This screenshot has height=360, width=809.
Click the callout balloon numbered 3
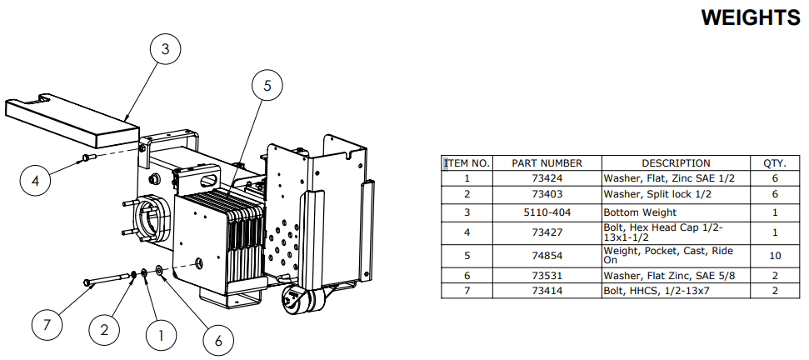[165, 49]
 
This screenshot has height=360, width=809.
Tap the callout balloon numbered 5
[267, 86]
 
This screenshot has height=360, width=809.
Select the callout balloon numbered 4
[36, 181]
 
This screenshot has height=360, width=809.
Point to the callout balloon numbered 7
[47, 326]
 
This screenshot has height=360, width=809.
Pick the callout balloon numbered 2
[104, 330]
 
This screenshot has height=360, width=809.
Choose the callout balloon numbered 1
[161, 337]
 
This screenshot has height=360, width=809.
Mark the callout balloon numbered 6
[217, 340]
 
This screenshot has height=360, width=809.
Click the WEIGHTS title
[751, 17]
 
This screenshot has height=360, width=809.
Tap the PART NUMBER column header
[547, 163]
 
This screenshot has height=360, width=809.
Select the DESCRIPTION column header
[676, 163]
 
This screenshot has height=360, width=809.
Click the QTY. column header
[775, 163]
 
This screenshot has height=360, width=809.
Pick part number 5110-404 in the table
[547, 212]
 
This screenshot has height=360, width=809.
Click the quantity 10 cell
[775, 256]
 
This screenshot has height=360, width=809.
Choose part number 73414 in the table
[547, 291]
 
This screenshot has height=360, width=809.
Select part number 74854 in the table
[547, 256]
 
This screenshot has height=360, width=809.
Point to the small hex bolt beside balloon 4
[89, 157]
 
